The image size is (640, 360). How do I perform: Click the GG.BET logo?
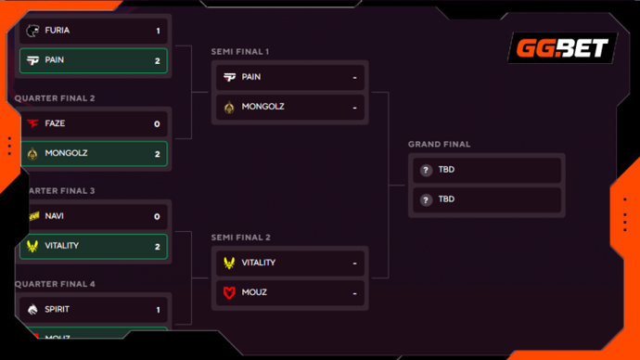click(x=562, y=48)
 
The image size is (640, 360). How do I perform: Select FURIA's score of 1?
click(x=158, y=31)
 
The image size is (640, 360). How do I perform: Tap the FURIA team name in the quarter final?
click(x=58, y=31)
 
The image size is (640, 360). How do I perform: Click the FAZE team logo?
click(x=32, y=123)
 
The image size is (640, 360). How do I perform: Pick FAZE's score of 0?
click(x=158, y=123)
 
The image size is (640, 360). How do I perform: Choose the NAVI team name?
click(x=55, y=216)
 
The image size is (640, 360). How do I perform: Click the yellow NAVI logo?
click(x=32, y=216)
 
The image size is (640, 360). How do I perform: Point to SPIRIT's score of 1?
click(x=158, y=309)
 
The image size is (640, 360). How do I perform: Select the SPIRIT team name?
click(x=58, y=309)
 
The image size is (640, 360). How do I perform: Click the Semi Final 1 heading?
click(x=240, y=51)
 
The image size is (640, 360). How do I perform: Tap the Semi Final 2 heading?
click(x=241, y=238)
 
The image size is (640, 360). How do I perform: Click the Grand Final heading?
click(x=439, y=144)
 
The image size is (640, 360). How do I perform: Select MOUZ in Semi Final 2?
click(x=254, y=292)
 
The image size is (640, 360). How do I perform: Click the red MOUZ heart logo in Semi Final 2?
click(x=229, y=292)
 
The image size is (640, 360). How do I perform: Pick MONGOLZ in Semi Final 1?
click(x=263, y=107)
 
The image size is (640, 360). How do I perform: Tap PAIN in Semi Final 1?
click(x=251, y=77)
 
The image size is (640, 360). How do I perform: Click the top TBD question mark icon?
click(x=426, y=170)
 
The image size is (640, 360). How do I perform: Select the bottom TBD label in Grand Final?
click(x=446, y=199)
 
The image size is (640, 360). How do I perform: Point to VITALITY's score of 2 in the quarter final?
click(x=158, y=246)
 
